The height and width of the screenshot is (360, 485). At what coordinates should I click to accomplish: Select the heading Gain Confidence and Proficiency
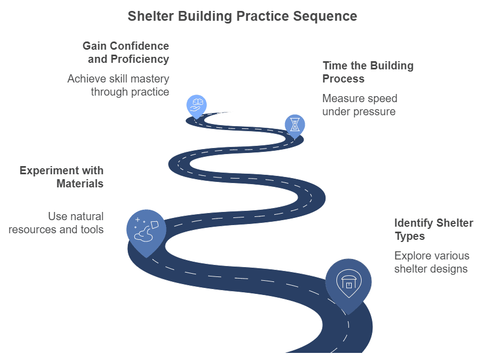(126, 52)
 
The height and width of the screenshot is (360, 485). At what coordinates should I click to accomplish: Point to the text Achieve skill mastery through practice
(118, 85)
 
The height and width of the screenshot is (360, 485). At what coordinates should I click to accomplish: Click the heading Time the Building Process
(368, 72)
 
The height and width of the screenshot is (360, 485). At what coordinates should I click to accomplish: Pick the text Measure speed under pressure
(359, 105)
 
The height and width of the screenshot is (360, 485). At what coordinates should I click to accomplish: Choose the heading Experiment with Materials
(61, 177)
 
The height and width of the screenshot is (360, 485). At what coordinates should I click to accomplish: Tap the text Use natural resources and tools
(56, 223)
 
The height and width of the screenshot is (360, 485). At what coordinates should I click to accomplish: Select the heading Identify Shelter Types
(433, 229)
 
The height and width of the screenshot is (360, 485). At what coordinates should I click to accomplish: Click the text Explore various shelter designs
(431, 262)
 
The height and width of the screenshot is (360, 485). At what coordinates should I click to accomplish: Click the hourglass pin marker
(295, 125)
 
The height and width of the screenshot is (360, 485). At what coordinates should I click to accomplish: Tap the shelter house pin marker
(348, 282)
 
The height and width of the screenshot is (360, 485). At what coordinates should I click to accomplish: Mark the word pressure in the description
(375, 111)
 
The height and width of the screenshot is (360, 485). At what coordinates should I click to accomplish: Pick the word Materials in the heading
(80, 184)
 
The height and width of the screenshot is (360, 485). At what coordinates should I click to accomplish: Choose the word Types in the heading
(410, 236)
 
